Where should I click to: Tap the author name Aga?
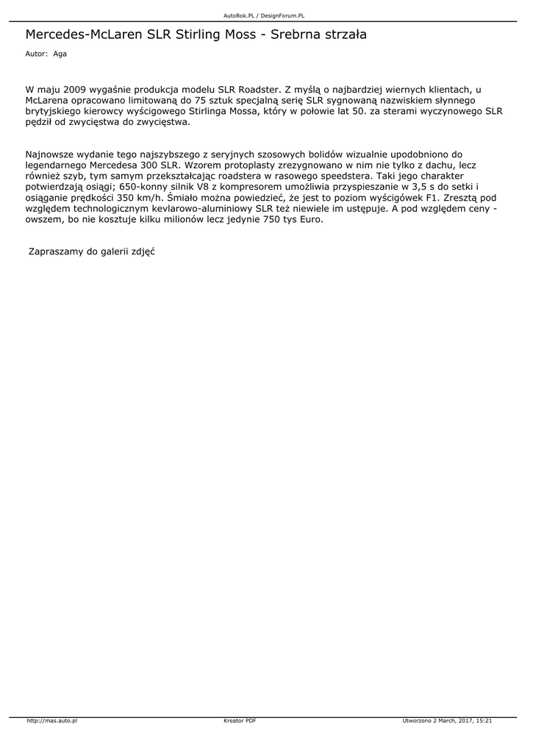point(60,54)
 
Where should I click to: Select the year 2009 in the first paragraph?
point(76,89)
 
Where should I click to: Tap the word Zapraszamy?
point(56,251)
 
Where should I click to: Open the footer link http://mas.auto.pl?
point(52,721)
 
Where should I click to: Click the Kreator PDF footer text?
point(240,721)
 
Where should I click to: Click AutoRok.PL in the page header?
point(238,15)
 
